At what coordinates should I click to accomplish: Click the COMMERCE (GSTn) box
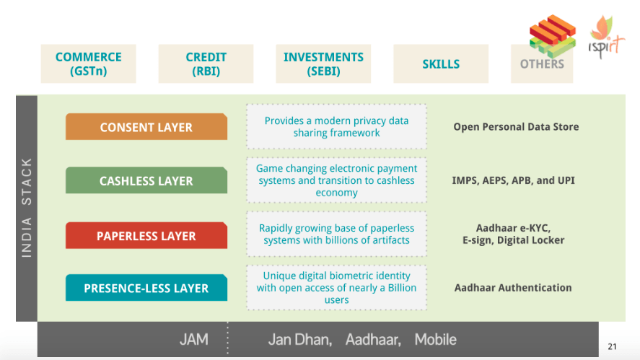pyautogui.click(x=88, y=63)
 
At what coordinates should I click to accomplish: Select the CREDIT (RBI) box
pyautogui.click(x=206, y=63)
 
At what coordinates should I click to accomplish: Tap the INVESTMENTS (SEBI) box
pyautogui.click(x=323, y=63)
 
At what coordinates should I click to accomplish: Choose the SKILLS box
pyautogui.click(x=441, y=63)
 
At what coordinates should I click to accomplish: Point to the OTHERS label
pyautogui.click(x=542, y=64)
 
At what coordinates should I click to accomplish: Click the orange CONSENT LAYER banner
pyautogui.click(x=146, y=126)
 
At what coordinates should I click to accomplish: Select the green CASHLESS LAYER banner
pyautogui.click(x=146, y=180)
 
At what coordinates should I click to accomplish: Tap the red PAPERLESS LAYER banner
pyautogui.click(x=146, y=235)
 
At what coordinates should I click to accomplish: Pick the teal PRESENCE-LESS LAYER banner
pyautogui.click(x=146, y=288)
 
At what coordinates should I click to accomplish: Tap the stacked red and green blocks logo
pyautogui.click(x=553, y=35)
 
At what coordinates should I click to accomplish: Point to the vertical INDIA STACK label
pyautogui.click(x=27, y=208)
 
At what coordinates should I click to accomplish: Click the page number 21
pyautogui.click(x=612, y=346)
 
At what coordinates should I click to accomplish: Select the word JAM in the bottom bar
pyautogui.click(x=194, y=340)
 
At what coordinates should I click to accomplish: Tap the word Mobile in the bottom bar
pyautogui.click(x=436, y=340)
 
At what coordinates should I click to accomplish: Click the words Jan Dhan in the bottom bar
pyautogui.click(x=300, y=340)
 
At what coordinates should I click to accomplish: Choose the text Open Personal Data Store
pyautogui.click(x=516, y=127)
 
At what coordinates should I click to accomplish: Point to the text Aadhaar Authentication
pyautogui.click(x=513, y=288)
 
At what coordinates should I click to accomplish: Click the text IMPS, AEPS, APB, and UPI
pyautogui.click(x=513, y=180)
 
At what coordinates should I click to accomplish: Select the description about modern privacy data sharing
pyautogui.click(x=336, y=126)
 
